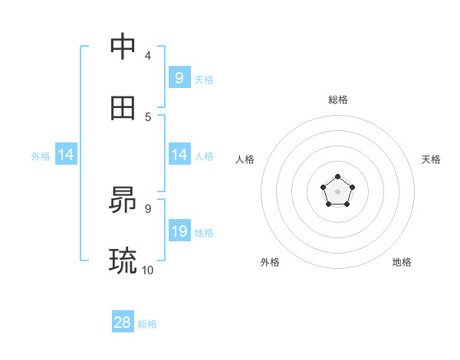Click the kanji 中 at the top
(123, 47)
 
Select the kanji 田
(123, 109)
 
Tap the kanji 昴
(123, 201)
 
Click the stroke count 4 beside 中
(148, 55)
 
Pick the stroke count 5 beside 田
(148, 116)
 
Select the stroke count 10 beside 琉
(148, 270)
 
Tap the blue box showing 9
(179, 78)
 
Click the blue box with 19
(179, 231)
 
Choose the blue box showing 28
(123, 322)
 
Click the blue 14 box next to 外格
(66, 155)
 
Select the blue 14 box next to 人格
(179, 155)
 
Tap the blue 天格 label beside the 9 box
(203, 79)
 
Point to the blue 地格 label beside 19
(203, 232)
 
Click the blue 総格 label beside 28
(147, 324)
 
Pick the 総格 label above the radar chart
(338, 100)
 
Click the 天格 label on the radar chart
(431, 159)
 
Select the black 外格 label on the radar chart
(270, 262)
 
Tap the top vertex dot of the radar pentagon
(338, 178)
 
